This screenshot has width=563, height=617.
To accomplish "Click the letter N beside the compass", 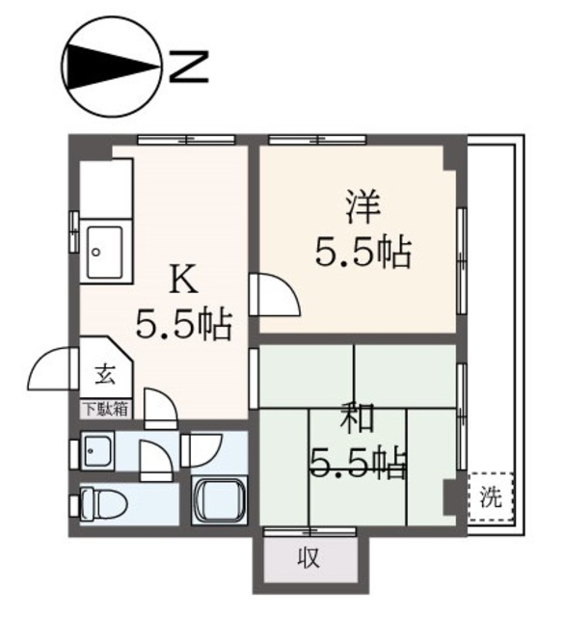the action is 188,67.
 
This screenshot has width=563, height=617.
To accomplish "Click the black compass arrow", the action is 113,67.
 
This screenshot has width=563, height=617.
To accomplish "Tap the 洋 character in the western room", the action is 362,206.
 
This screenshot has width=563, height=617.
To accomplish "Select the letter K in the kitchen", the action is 183,280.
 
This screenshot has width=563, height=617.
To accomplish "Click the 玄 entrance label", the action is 105,375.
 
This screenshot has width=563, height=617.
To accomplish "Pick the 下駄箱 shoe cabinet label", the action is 107,409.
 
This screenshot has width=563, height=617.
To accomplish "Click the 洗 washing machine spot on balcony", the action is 491,497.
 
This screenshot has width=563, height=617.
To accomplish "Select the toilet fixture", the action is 103,505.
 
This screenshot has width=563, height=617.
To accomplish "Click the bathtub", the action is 219,500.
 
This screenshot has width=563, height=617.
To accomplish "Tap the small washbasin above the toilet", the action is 97,450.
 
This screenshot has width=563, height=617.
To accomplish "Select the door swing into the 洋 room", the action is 277,294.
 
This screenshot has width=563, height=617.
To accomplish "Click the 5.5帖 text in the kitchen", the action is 183,325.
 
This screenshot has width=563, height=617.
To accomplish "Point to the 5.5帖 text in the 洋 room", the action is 363,253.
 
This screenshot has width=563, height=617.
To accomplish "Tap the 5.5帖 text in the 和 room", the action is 358,463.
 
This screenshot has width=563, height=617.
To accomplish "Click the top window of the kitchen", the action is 186,139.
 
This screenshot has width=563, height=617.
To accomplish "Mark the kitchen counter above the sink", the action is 106,189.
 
